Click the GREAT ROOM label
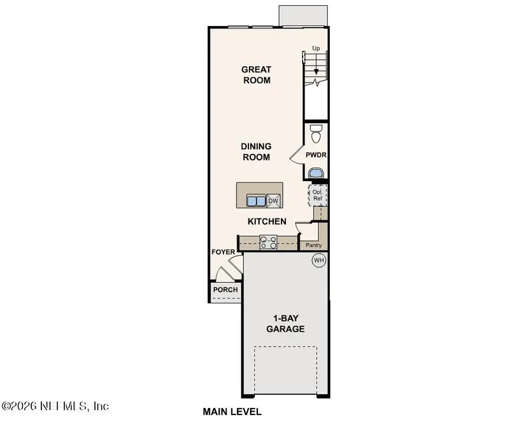(x=256, y=75)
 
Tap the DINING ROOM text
(x=256, y=152)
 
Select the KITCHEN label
(x=267, y=221)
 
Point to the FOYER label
(x=224, y=252)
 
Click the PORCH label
(x=225, y=290)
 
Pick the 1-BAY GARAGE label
(x=286, y=323)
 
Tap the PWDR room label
(x=316, y=155)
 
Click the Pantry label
(x=313, y=244)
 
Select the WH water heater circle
(x=319, y=260)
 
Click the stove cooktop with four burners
(x=269, y=241)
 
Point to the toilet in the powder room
(x=316, y=134)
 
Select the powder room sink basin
(x=316, y=173)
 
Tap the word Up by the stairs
(x=316, y=47)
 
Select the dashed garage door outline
(x=286, y=372)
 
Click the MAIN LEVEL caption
(x=232, y=411)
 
